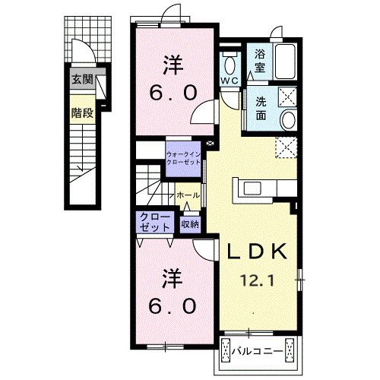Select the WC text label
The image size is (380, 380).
[x=230, y=80]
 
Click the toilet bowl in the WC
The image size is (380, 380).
[x=230, y=61]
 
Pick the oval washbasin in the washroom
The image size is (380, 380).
[x=288, y=119]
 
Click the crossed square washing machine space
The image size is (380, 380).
[x=287, y=96]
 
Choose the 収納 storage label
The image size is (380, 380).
[x=189, y=223]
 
